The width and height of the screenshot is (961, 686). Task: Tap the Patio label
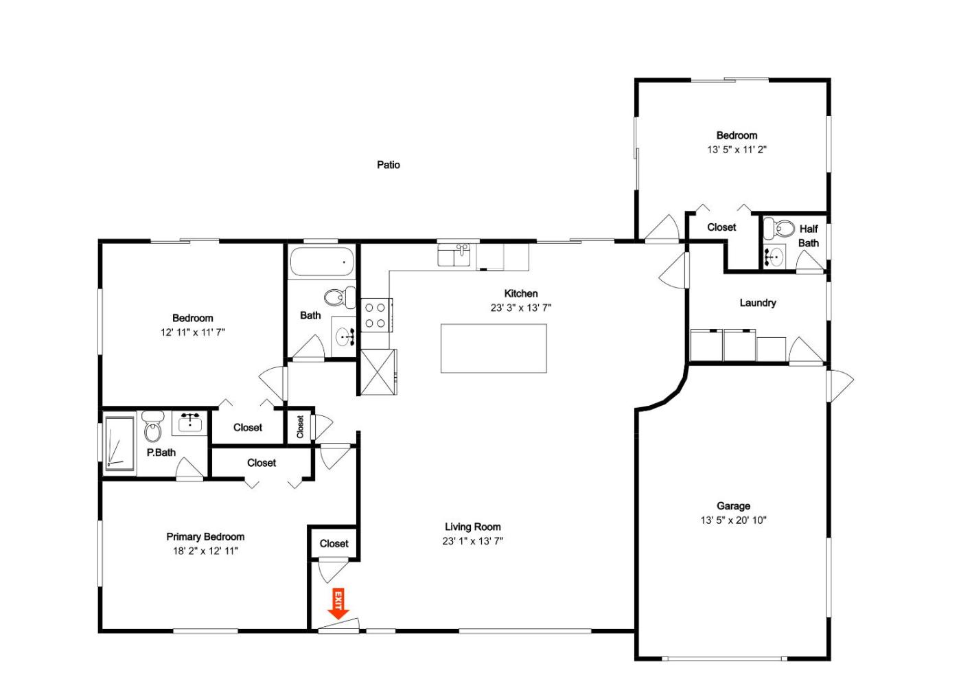tap(389, 165)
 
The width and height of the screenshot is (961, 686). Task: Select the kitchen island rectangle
tap(494, 348)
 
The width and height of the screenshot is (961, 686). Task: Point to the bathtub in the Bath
tap(322, 262)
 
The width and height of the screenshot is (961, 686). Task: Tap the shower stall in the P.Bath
tap(119, 444)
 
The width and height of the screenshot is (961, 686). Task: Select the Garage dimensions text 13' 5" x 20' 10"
tap(733, 521)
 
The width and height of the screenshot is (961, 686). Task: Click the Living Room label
tap(472, 527)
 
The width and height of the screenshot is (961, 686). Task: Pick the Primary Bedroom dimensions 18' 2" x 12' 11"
tap(205, 551)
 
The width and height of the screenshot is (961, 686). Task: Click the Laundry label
tap(758, 303)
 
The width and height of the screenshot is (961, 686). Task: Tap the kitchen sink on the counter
tap(454, 255)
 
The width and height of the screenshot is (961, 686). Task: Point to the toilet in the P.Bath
tap(152, 426)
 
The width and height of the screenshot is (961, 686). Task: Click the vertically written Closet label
tap(301, 426)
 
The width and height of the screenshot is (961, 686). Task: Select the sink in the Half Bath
tap(774, 257)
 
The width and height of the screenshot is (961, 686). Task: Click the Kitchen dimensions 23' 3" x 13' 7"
tap(521, 308)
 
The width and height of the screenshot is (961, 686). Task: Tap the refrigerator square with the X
tap(378, 371)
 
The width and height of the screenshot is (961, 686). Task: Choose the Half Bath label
tap(809, 236)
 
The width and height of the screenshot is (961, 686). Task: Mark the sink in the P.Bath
tap(190, 423)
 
